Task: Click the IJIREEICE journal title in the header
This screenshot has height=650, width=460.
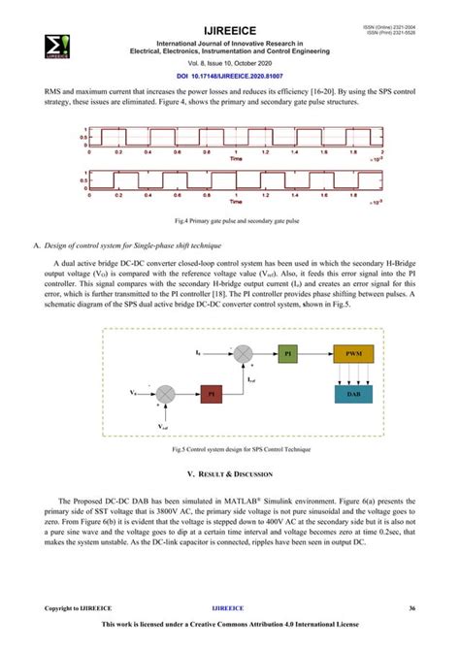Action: pos(229,31)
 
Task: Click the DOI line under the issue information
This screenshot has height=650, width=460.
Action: pos(229,75)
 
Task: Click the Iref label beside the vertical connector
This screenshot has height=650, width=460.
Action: pos(251,379)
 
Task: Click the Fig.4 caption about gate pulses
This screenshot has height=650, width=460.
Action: pos(229,220)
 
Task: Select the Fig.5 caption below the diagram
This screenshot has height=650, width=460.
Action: pos(229,451)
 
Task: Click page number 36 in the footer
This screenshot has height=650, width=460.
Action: pos(411,608)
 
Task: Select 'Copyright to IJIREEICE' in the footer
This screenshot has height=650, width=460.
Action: pos(78,608)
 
